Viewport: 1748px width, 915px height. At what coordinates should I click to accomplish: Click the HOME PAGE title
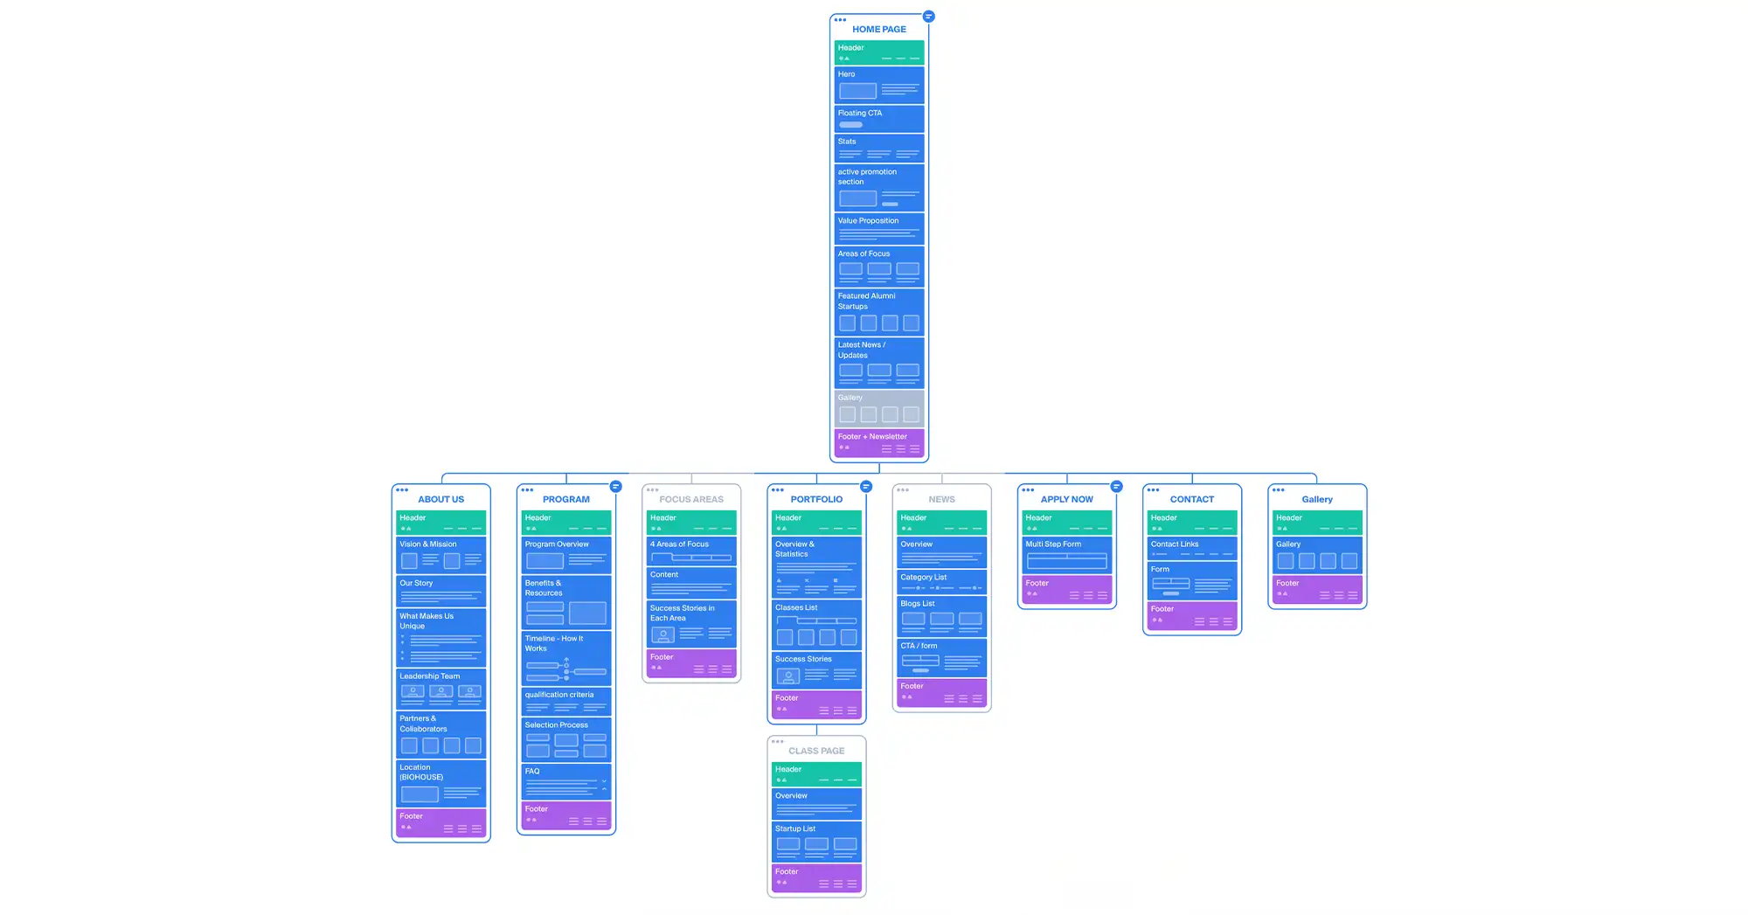tap(878, 29)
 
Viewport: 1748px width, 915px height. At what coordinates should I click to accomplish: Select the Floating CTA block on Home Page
tap(878, 118)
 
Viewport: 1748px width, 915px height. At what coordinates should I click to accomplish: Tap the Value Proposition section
tap(878, 229)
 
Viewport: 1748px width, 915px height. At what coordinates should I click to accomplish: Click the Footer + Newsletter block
tap(878, 442)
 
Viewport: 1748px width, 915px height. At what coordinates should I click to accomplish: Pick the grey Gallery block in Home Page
tap(878, 408)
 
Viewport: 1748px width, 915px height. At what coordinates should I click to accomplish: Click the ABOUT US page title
tap(440, 499)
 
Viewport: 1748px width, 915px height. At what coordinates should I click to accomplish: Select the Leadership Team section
tap(440, 689)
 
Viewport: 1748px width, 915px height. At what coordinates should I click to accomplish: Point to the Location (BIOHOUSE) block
tap(440, 782)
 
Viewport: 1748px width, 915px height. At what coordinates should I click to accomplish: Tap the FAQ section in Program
tap(565, 781)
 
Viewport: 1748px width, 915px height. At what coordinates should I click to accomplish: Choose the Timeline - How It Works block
tap(565, 658)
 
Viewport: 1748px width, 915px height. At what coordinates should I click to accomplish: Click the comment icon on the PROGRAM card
tap(616, 487)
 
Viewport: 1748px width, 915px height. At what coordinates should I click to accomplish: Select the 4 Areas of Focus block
tap(690, 551)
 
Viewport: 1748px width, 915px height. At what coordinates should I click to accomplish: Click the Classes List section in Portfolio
tap(816, 624)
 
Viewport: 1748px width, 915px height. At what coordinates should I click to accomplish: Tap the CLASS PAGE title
tap(816, 751)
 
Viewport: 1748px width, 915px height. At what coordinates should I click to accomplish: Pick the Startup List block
tap(816, 841)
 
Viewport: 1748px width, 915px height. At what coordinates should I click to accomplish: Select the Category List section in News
tap(941, 582)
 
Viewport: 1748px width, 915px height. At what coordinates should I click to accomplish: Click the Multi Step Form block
tap(1066, 554)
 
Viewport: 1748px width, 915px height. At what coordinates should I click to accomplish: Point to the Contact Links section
tap(1191, 548)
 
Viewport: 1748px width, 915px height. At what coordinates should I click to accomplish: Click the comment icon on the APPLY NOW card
tap(1116, 487)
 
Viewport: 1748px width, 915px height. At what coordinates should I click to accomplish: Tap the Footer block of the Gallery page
tap(1316, 589)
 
